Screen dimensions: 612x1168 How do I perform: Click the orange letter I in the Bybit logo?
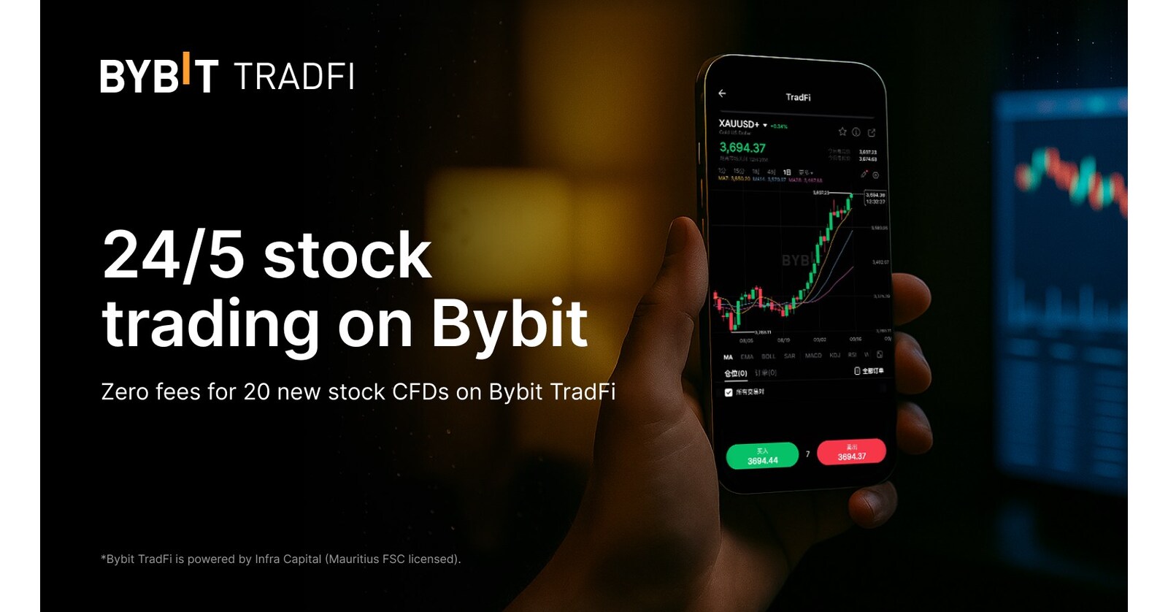pyautogui.click(x=186, y=67)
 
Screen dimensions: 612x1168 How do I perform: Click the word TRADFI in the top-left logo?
pyautogui.click(x=294, y=77)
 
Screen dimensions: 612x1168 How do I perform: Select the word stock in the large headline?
pyautogui.click(x=347, y=255)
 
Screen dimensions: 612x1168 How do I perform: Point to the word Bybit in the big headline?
pyautogui.click(x=509, y=323)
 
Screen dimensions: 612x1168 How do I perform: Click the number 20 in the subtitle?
pyautogui.click(x=257, y=392)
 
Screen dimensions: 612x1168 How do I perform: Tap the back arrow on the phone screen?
pyautogui.click(x=722, y=93)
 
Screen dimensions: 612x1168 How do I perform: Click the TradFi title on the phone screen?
pyautogui.click(x=798, y=97)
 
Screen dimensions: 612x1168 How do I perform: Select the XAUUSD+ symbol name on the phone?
pyautogui.click(x=739, y=124)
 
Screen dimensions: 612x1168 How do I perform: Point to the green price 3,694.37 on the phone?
pyautogui.click(x=742, y=148)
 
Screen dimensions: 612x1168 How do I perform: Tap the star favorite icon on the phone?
pyautogui.click(x=842, y=131)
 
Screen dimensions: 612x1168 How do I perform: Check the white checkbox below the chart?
pyautogui.click(x=729, y=392)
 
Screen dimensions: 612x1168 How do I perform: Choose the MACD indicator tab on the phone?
pyautogui.click(x=813, y=356)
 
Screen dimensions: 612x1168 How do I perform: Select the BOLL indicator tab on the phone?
pyautogui.click(x=768, y=356)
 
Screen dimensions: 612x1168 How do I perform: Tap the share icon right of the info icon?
pyautogui.click(x=872, y=132)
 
